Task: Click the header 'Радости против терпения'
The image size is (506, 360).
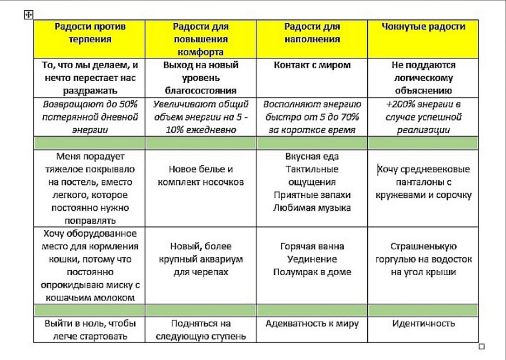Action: [x=89, y=32]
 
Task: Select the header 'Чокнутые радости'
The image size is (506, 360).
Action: [x=423, y=26]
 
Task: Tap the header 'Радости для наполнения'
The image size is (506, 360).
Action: [x=312, y=32]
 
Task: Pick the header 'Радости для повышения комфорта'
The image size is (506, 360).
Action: [x=200, y=38]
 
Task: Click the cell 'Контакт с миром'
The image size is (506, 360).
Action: [x=312, y=65]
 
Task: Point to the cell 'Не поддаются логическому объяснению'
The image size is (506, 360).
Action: [x=423, y=77]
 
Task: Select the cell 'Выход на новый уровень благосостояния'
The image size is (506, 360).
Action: [x=200, y=77]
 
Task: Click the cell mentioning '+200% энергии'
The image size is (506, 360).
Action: [x=423, y=116]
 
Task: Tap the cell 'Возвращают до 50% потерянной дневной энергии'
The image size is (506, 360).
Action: [x=89, y=116]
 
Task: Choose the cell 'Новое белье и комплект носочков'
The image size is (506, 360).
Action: [x=200, y=176]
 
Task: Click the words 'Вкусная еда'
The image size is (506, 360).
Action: [x=312, y=157]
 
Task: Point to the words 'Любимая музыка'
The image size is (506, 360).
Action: [x=312, y=207]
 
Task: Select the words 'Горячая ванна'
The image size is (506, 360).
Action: [x=312, y=246]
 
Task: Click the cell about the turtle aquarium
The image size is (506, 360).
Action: [x=200, y=259]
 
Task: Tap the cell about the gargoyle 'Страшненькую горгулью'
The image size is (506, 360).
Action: [x=423, y=259]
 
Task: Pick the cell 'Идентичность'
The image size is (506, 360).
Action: [x=423, y=324]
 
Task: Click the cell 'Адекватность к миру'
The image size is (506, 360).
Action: [x=312, y=324]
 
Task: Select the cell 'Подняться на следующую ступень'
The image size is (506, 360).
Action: [x=200, y=330]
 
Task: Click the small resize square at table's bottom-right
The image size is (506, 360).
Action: [x=482, y=346]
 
